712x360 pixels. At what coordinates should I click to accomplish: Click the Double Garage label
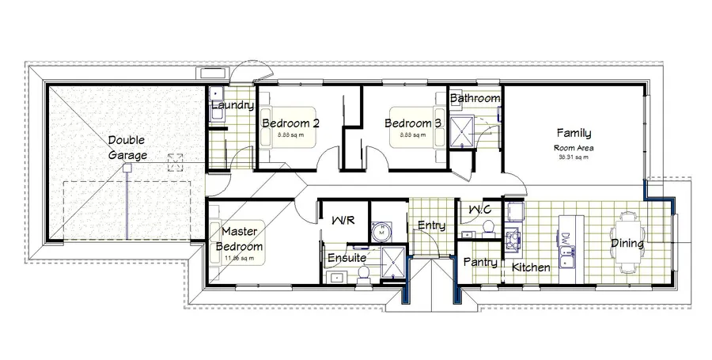click(127, 147)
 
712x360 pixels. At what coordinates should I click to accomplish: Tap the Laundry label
click(233, 105)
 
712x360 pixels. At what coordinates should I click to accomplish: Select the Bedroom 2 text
click(290, 123)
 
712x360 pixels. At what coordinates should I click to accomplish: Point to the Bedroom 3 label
click(413, 123)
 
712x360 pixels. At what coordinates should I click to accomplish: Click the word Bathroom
click(475, 98)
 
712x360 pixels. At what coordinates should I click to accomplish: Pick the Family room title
click(574, 133)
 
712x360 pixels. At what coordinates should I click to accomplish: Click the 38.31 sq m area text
click(574, 157)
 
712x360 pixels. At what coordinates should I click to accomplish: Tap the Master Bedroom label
click(242, 239)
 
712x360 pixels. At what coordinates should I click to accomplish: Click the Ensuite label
click(347, 257)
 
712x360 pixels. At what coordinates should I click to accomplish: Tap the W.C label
click(482, 209)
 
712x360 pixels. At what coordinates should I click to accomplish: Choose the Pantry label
click(479, 262)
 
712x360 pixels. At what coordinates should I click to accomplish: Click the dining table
click(631, 243)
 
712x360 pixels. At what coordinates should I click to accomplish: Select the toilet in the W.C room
click(487, 229)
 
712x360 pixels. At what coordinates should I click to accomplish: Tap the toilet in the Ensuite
click(365, 273)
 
